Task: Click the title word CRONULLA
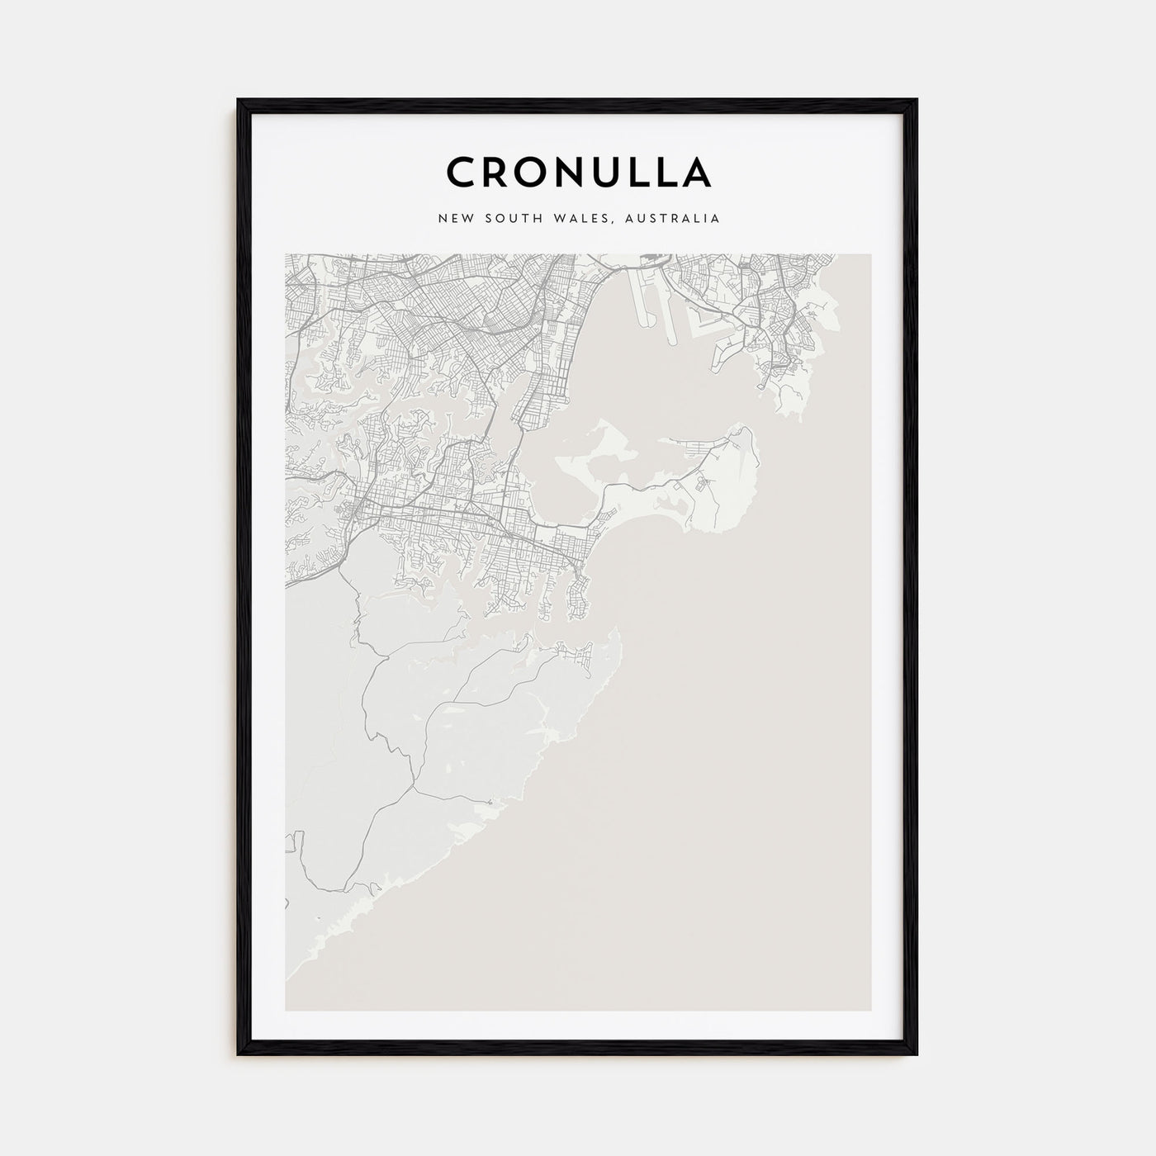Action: click(578, 172)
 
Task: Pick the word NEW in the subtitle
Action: click(456, 219)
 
